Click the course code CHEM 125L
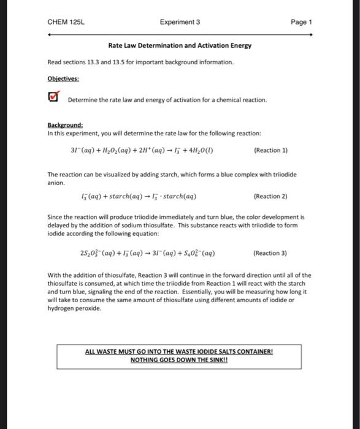(x=66, y=22)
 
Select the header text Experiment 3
(x=180, y=22)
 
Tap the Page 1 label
(x=302, y=22)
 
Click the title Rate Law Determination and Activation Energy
(x=180, y=46)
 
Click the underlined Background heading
(x=65, y=125)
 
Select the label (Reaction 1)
(x=270, y=150)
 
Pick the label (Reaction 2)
(x=270, y=197)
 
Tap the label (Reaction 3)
(x=270, y=253)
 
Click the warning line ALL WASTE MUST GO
(x=179, y=352)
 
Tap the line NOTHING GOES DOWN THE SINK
(x=179, y=360)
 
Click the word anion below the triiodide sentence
(x=55, y=182)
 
